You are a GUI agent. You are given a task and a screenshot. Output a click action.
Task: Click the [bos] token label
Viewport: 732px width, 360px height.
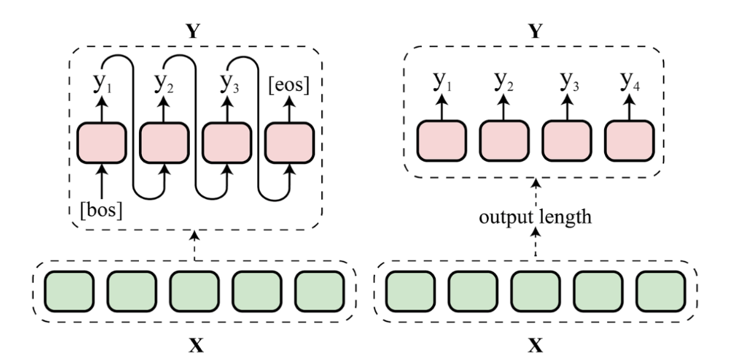(x=102, y=209)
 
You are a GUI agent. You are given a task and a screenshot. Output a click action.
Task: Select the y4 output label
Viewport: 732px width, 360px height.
(x=629, y=83)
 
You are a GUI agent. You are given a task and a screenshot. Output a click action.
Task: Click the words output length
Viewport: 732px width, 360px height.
(x=536, y=219)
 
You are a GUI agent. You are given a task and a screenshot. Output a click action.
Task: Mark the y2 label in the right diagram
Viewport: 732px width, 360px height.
(x=504, y=83)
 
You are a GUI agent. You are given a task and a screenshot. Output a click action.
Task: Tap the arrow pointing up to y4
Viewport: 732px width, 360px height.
(x=629, y=109)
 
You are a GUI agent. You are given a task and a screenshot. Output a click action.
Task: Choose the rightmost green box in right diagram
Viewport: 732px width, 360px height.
(x=660, y=288)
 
